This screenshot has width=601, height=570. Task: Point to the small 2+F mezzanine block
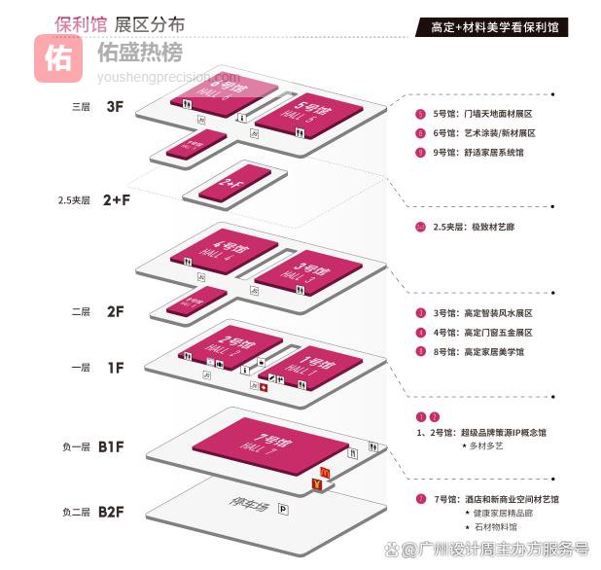pyautogui.click(x=234, y=183)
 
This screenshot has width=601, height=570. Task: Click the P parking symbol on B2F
pyautogui.click(x=282, y=509)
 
